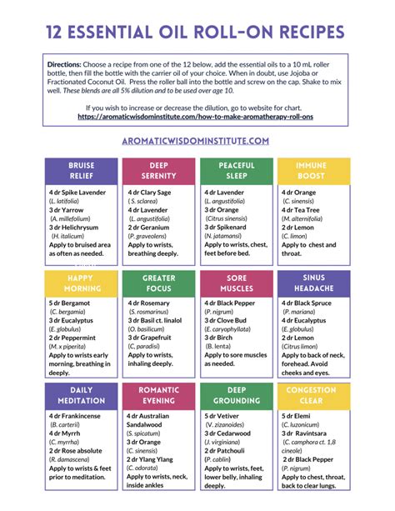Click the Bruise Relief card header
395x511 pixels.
tap(81, 171)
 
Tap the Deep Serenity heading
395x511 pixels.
tap(158, 171)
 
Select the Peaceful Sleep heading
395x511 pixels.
tap(237, 171)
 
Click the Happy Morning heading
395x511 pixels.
tap(81, 283)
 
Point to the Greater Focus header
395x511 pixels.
tap(158, 283)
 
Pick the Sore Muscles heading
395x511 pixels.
tap(237, 283)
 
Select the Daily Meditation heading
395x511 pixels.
tap(81, 395)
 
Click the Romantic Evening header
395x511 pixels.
tap(158, 395)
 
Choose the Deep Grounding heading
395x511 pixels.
tap(237, 395)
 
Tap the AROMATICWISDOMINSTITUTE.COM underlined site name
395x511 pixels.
tap(197, 141)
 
